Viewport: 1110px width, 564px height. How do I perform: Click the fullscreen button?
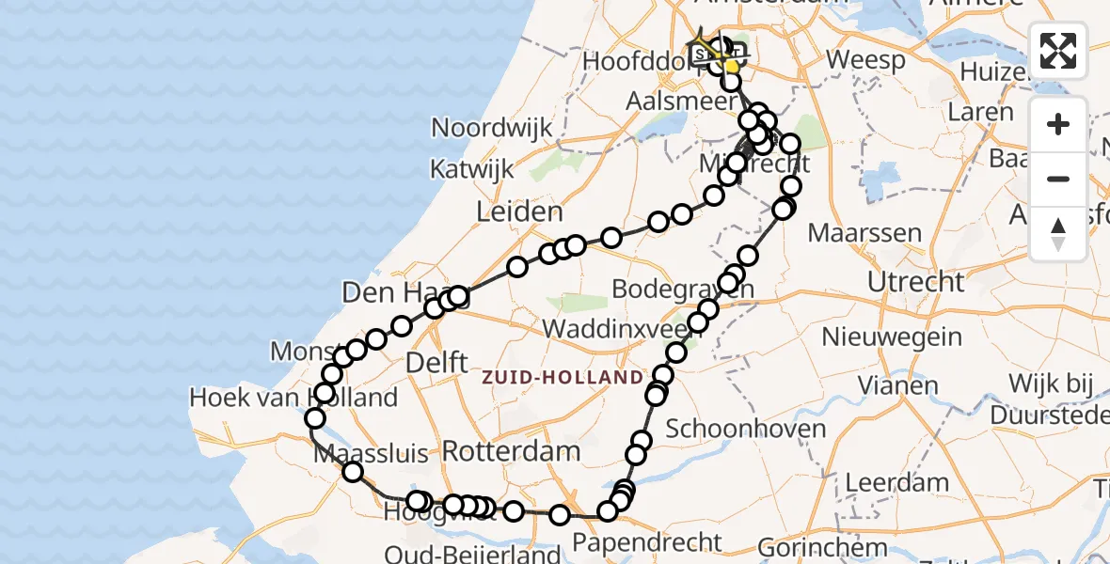click(1058, 51)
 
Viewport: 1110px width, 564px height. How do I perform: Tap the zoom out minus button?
click(1058, 180)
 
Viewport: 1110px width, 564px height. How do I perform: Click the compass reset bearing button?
click(1058, 234)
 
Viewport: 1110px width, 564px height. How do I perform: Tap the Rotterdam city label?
click(511, 450)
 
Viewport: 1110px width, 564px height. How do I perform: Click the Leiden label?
click(519, 211)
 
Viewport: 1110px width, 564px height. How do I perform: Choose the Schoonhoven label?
click(746, 429)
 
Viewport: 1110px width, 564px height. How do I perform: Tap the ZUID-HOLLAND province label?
click(563, 378)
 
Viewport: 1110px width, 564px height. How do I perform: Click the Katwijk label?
click(472, 169)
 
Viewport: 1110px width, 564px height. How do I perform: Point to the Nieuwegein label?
click(892, 337)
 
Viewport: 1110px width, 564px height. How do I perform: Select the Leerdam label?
click(896, 483)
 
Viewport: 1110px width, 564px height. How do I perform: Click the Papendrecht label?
click(647, 542)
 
